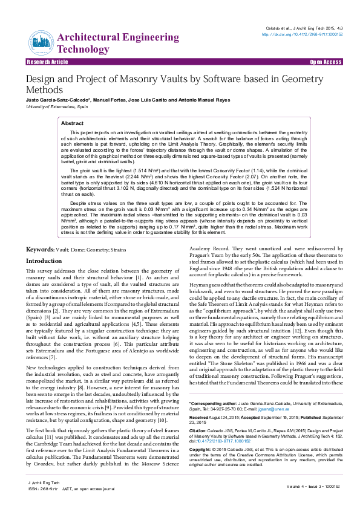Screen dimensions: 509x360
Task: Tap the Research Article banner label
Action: click(47, 62)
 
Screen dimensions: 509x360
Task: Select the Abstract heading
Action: click(73, 123)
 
